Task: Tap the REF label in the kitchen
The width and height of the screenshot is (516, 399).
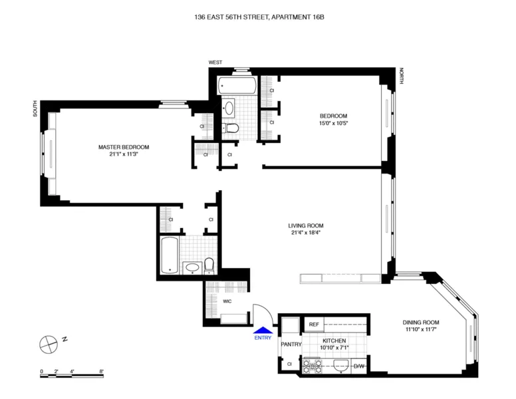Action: [x=314, y=325]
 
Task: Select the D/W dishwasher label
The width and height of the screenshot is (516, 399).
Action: [x=359, y=366]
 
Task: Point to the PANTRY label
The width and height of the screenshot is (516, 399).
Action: [x=291, y=344]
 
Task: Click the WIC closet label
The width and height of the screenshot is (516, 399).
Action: [x=227, y=302]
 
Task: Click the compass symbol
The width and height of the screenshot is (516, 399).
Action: [x=49, y=344]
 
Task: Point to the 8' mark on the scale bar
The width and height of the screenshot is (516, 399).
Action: [x=101, y=370]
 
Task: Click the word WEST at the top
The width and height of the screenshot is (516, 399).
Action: [x=215, y=62]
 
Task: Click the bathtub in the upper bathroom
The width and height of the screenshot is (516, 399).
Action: [x=237, y=85]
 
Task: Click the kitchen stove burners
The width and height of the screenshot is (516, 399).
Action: [x=311, y=365]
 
